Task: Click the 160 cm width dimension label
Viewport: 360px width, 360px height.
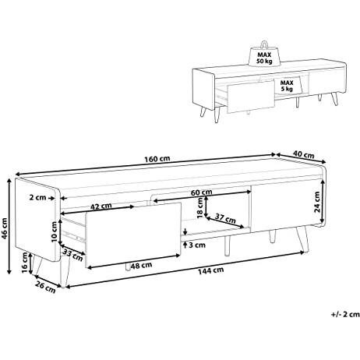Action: coord(157,158)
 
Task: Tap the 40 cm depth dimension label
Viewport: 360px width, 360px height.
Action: coord(304,154)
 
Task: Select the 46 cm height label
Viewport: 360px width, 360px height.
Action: coord(4,229)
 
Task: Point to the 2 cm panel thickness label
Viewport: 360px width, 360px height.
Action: coord(37,198)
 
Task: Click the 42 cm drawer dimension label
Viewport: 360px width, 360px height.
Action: coord(101,206)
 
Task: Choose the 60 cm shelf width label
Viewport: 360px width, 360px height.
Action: coord(201,192)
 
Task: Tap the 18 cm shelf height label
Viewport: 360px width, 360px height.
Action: coord(200,207)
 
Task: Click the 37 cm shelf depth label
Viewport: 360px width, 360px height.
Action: coord(224,218)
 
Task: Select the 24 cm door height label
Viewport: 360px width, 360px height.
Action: coord(317,202)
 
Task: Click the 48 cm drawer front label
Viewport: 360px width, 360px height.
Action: coord(141,266)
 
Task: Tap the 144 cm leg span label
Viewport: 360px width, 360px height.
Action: coord(211,270)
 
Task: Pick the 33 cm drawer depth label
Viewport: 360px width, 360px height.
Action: coord(73,255)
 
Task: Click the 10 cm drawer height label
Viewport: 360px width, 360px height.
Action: coord(54,231)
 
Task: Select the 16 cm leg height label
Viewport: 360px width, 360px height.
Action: coord(25,263)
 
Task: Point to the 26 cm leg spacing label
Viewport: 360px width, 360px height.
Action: coord(45,287)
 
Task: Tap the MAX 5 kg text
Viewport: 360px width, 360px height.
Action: coord(287,86)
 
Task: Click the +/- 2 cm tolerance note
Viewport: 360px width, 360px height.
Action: coord(345,314)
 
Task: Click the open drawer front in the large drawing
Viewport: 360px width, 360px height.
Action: coord(133,235)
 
